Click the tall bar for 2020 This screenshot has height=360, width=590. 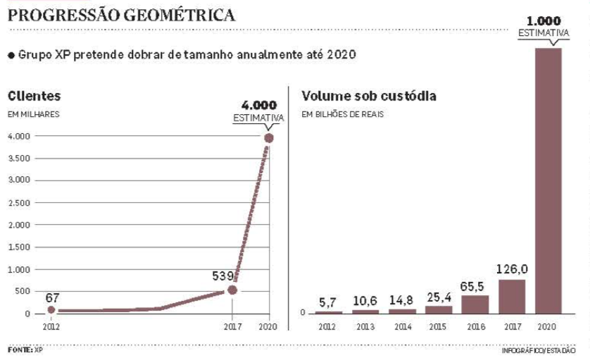(548, 180)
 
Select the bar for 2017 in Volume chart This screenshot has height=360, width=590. (512, 297)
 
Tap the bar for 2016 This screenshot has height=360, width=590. (475, 304)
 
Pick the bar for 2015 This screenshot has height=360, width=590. (439, 309)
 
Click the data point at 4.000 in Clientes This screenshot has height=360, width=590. (268, 137)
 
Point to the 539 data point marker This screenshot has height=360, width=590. (232, 290)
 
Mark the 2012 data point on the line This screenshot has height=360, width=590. (51, 309)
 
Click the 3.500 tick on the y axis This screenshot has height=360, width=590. (20, 159)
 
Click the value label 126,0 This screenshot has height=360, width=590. (512, 268)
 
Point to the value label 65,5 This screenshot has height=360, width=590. (475, 285)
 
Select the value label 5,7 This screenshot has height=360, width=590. (329, 302)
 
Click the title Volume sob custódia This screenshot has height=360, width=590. (368, 96)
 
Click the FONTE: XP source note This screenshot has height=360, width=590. (25, 349)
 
